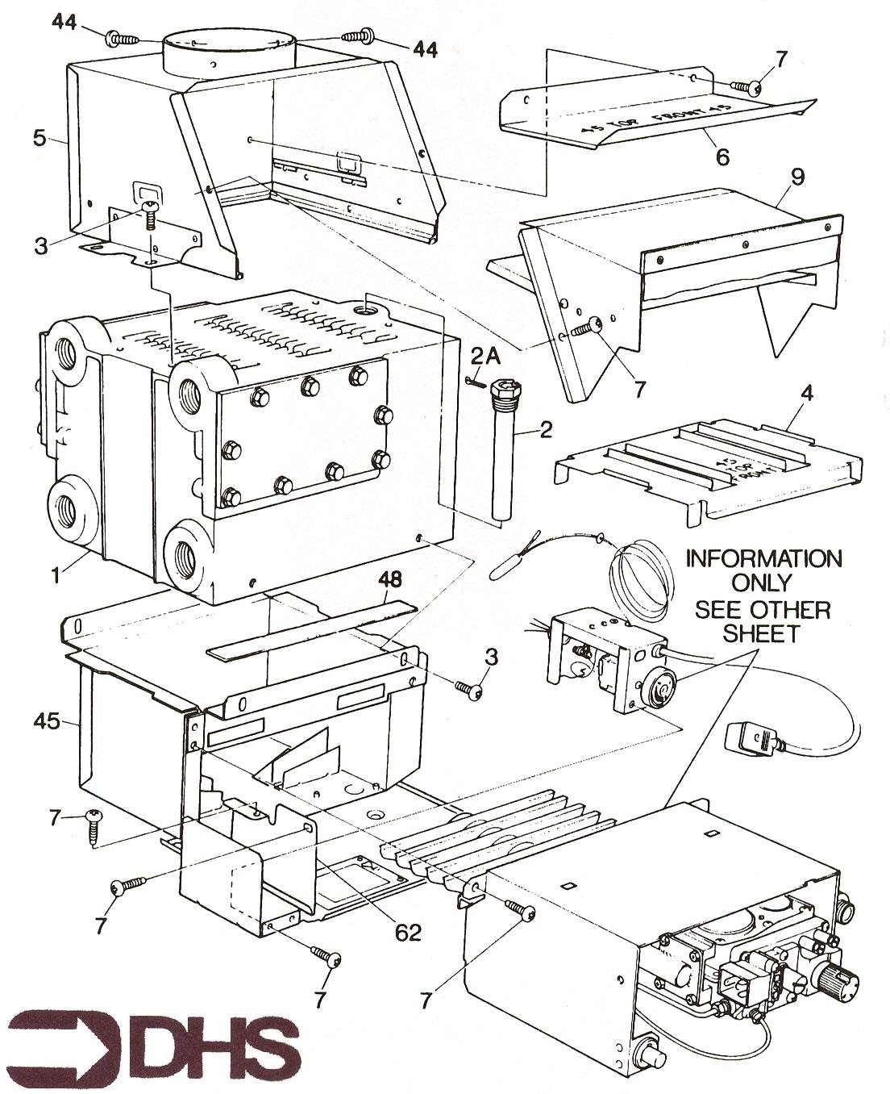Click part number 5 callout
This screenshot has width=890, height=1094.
pyautogui.click(x=39, y=138)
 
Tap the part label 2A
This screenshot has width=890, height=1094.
pyautogui.click(x=487, y=356)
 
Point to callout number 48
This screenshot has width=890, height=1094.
pyautogui.click(x=390, y=579)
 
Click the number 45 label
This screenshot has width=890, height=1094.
pyautogui.click(x=46, y=720)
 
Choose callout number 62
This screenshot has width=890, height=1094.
pyautogui.click(x=409, y=933)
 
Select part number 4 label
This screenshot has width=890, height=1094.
pyautogui.click(x=807, y=396)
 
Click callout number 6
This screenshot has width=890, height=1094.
pyautogui.click(x=722, y=156)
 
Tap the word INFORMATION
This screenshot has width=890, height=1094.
pyautogui.click(x=763, y=558)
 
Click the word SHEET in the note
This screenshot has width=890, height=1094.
pyautogui.click(x=762, y=633)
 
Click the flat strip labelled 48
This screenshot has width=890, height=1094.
pyautogui.click(x=311, y=629)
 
